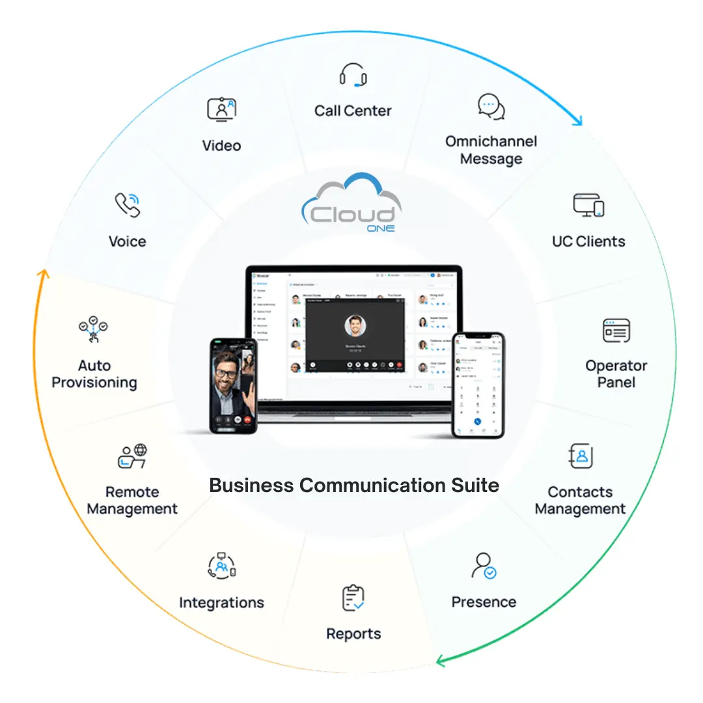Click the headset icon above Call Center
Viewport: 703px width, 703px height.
(353, 75)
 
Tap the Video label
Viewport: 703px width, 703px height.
(221, 146)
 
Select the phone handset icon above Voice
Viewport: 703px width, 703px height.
(128, 204)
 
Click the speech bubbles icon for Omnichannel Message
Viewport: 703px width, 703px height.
(491, 107)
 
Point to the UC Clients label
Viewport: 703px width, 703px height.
(588, 241)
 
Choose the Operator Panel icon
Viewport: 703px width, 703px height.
(616, 331)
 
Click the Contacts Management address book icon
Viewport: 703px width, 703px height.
(581, 456)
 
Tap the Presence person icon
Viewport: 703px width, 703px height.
(484, 566)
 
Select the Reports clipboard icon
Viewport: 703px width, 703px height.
(353, 598)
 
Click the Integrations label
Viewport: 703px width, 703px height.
(221, 603)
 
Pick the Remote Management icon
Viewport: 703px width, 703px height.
(132, 456)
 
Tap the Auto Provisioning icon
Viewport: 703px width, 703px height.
(93, 330)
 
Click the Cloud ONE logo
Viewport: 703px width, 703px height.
(352, 204)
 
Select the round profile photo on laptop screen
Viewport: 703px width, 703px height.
(355, 325)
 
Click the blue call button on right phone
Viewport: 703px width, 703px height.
(478, 421)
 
